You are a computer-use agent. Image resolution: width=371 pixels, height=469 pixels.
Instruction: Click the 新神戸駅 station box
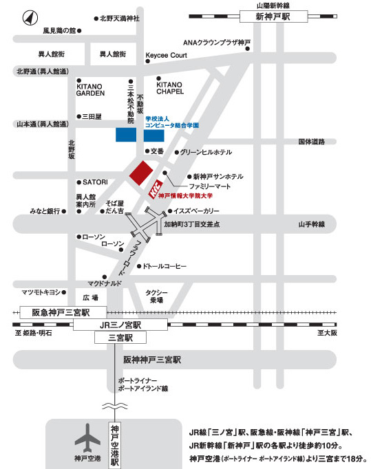(x=273, y=17)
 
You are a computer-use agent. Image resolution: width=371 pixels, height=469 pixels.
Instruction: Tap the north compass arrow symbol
(x=30, y=18)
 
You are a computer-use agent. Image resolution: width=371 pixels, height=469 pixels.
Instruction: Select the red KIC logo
(x=156, y=189)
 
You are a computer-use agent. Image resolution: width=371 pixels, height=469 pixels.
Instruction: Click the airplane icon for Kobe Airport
(x=87, y=437)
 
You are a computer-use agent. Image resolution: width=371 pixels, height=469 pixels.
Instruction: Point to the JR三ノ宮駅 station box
(x=120, y=325)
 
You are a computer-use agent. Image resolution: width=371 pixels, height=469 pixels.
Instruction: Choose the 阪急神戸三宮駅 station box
(x=63, y=312)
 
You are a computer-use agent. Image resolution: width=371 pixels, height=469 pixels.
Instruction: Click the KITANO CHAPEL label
(x=170, y=88)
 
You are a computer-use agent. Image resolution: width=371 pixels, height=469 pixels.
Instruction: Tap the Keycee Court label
(x=166, y=55)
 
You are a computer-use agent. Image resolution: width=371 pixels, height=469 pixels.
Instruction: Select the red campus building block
(x=141, y=174)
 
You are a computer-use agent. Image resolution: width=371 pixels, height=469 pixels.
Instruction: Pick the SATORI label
(x=95, y=182)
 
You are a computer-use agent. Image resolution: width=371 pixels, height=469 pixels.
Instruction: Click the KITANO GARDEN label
(x=90, y=89)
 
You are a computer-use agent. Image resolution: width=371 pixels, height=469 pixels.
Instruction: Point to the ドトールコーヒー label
(x=165, y=266)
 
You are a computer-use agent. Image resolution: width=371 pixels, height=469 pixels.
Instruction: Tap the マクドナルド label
(x=105, y=283)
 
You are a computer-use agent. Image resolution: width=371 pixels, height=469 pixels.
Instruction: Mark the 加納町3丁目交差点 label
(x=191, y=224)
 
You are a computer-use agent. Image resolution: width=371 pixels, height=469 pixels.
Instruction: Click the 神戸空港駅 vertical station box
(x=115, y=446)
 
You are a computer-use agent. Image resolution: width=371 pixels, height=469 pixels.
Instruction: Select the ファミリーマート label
(x=210, y=186)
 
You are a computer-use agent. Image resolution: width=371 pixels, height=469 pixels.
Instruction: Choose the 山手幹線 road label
(x=311, y=224)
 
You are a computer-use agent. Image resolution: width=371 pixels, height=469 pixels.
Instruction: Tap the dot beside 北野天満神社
(x=96, y=19)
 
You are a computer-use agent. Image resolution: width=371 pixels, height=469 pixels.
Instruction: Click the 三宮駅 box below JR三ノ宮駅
(x=120, y=338)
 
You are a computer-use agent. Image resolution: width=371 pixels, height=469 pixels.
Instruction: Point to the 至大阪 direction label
(x=327, y=333)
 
